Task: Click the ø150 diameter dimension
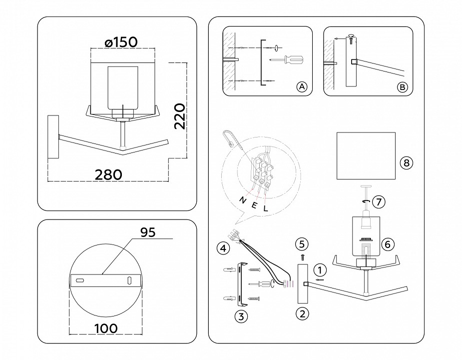pos(121,42)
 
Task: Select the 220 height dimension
pos(179,116)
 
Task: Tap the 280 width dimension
pos(108,174)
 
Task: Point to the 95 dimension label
pos(148,232)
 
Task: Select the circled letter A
pos(301,86)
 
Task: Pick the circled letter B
pos(402,86)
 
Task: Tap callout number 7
pos(379,202)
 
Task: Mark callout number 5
pos(301,244)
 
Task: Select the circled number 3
pos(241,316)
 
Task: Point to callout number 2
pos(301,314)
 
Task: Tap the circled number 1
pos(320,270)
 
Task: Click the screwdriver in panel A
pos(289,59)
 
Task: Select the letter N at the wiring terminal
pos(243,199)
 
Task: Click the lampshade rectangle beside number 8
pos(366,155)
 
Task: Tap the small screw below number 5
pos(302,257)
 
